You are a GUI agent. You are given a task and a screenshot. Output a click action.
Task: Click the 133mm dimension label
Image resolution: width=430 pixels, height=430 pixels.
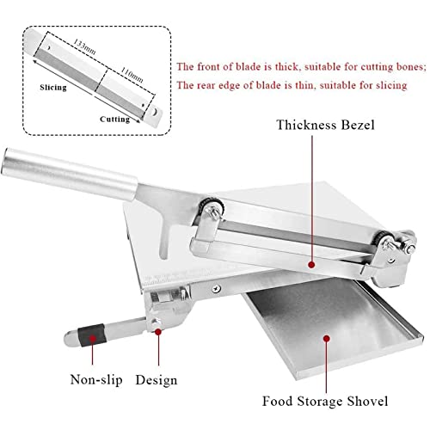click(84, 46)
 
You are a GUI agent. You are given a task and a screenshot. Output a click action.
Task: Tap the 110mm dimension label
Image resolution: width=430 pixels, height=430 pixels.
click(132, 75)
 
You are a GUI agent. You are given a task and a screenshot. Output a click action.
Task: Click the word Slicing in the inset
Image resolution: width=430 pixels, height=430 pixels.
click(53, 88)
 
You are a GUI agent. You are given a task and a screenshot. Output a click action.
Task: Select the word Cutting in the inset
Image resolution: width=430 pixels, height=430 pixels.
click(114, 120)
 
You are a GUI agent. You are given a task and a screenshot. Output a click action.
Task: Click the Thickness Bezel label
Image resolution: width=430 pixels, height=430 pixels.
click(325, 125)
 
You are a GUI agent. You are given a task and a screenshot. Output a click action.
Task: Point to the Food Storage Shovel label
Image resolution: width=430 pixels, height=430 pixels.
click(325, 401)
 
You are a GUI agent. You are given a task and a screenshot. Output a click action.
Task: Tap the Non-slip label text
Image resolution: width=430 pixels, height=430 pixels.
click(96, 379)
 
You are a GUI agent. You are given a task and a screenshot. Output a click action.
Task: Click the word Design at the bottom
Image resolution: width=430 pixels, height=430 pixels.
click(157, 380)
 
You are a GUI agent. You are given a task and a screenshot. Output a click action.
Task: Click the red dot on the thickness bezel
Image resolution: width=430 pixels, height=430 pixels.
click(311, 265)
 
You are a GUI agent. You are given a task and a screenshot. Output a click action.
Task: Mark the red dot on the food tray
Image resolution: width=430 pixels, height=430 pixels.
click(326, 339)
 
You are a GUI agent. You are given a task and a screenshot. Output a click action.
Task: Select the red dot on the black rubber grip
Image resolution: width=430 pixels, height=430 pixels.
click(92, 339)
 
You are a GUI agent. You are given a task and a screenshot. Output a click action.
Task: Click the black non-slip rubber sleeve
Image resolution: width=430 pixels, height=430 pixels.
click(92, 335)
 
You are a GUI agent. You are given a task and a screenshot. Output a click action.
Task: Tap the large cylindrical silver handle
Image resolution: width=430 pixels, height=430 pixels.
click(70, 175)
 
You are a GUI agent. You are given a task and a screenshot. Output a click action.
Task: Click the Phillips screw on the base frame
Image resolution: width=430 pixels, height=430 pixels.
click(217, 289)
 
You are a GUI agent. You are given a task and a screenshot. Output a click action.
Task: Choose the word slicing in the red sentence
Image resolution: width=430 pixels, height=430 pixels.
click(391, 85)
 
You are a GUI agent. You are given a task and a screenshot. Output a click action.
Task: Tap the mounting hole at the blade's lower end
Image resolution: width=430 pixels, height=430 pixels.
click(155, 112)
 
